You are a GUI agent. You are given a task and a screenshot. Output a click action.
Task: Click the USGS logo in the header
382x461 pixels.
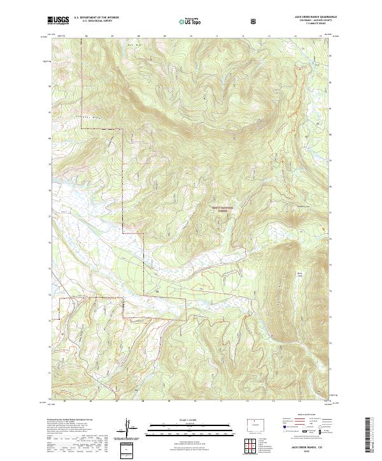(58, 20)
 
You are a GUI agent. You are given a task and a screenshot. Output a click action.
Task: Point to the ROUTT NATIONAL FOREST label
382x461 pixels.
(223, 209)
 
